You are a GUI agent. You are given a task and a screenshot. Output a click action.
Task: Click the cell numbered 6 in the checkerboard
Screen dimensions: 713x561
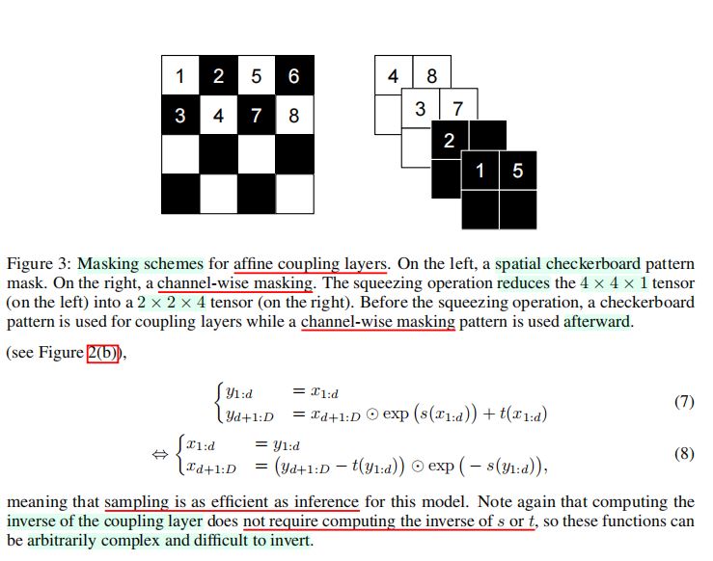tap(294, 75)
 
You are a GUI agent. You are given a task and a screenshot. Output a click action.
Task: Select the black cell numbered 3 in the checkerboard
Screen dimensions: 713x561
tap(180, 115)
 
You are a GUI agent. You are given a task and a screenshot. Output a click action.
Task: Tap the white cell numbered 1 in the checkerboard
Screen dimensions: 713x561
tap(180, 75)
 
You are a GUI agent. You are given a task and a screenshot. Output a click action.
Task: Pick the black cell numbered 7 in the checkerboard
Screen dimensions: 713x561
tap(257, 115)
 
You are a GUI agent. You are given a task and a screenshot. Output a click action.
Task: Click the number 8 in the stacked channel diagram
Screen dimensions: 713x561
tap(432, 75)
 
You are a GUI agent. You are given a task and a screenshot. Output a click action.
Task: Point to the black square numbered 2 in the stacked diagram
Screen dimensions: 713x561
tap(450, 140)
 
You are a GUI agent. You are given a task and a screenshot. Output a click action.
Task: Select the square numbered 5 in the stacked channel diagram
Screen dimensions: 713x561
tap(518, 171)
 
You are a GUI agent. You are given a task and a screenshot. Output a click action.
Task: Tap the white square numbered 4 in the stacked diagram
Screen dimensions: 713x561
tap(394, 75)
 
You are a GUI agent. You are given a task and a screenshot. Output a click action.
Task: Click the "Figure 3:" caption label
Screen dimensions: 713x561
tap(40, 264)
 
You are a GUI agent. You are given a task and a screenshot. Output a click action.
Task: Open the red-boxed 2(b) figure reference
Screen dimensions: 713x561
tap(103, 353)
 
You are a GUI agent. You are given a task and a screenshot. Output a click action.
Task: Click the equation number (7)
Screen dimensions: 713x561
tap(684, 402)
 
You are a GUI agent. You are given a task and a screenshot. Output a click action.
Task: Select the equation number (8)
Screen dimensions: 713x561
tap(684, 453)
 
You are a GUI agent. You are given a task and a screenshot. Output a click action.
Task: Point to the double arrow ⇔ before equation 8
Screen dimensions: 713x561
tap(159, 454)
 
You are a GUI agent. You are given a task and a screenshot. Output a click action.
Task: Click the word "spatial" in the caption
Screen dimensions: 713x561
tap(518, 264)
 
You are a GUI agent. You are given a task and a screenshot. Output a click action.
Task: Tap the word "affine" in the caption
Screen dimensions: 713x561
tap(254, 264)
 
